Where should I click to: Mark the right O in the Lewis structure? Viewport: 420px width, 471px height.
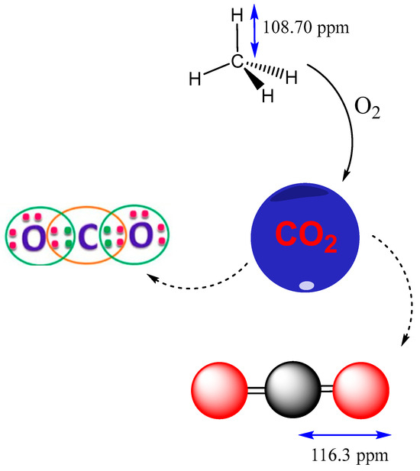tap(141, 238)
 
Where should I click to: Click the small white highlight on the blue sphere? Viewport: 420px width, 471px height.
tap(306, 286)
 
